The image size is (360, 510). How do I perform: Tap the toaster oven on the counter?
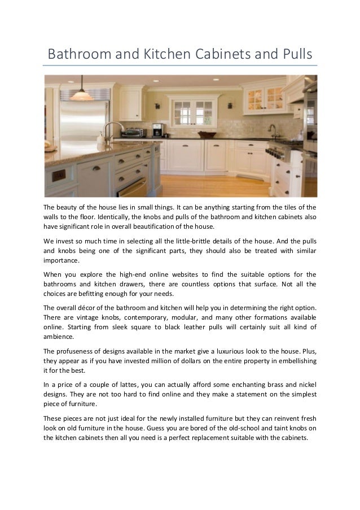click(133, 133)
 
